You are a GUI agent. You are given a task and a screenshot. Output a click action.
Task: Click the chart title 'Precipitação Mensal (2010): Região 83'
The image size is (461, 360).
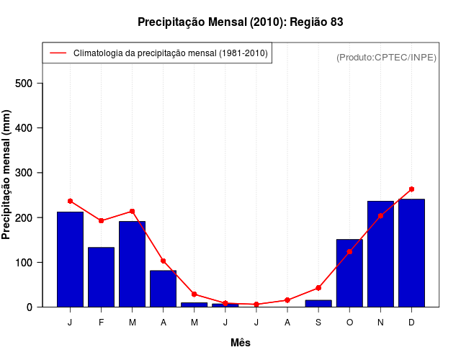coord(240,22)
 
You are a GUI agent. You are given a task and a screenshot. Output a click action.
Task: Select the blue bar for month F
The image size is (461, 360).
coord(101,277)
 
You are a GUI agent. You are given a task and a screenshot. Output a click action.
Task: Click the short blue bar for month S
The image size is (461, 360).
coord(318,303)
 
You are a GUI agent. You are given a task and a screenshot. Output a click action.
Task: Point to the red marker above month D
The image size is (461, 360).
coord(411,189)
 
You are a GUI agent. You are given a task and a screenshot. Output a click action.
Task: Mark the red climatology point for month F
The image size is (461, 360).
coord(101,220)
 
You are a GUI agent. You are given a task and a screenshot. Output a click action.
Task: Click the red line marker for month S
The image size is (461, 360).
coord(318,288)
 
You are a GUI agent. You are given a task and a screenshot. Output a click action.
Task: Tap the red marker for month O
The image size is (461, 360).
coord(349,252)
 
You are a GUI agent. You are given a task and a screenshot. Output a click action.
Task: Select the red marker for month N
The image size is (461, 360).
coord(380,215)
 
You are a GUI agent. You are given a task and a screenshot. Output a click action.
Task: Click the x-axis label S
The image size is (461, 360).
coord(318,323)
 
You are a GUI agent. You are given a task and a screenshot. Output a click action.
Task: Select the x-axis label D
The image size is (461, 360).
coord(411,323)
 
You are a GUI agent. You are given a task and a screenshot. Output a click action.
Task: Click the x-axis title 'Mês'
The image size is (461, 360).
coord(241,343)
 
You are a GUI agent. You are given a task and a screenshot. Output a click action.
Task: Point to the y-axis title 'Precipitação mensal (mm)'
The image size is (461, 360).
coord(7,174)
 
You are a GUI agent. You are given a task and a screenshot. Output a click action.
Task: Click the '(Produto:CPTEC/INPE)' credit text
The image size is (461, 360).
coord(386,57)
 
